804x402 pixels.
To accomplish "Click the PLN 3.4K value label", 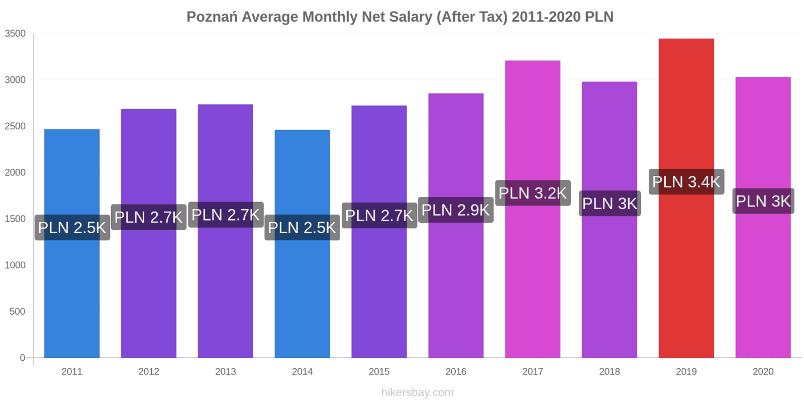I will pos(686,182).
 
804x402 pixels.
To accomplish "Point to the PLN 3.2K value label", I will pos(533,193).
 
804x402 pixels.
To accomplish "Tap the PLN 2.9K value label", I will pos(456,210).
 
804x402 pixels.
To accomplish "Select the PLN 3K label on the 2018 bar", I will pos(610,204).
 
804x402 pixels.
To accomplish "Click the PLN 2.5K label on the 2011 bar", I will pos(72,228).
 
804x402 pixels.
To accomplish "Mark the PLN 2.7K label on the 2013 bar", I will pos(226,215).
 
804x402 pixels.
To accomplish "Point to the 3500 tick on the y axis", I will pos(15,34).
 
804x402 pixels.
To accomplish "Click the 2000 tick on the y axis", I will pos(15,172).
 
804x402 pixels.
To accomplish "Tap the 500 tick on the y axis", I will pos(17,312).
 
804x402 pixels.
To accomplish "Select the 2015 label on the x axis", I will pos(379,372).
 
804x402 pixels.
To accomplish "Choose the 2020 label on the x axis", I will pos(763,372).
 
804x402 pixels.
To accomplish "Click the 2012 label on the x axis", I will pos(149,372).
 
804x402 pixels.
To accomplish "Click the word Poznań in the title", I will pos(212,17).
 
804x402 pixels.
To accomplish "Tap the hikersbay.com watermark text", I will pos(417,392).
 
